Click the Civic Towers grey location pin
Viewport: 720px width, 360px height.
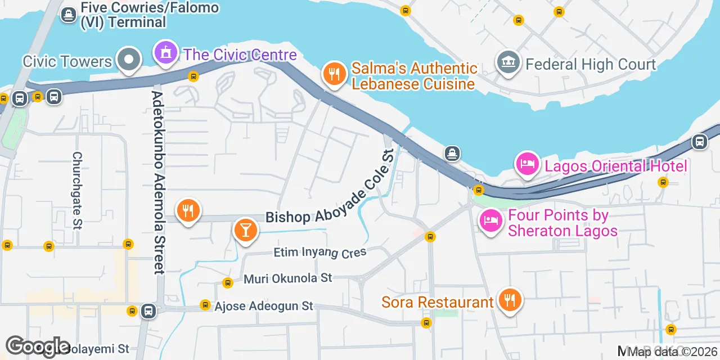pos(129,59)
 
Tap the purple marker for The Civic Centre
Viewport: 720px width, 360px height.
pos(165,54)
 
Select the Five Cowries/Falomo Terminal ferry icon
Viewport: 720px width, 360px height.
pos(69,15)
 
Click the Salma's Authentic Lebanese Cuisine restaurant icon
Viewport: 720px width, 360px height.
pos(335,74)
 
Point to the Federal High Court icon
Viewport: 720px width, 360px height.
pos(508,62)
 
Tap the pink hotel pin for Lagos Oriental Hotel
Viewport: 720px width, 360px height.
pos(528,164)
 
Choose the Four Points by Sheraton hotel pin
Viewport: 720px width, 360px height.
pos(490,220)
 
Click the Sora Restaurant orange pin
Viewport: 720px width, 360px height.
pos(510,300)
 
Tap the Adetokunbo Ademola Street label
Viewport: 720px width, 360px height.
pos(158,183)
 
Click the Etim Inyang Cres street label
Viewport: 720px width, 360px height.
pos(320,253)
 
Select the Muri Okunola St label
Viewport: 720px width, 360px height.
pos(288,278)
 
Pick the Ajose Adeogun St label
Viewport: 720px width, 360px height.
pos(264,307)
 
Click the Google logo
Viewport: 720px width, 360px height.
pos(38,346)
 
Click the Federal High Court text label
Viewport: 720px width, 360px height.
pos(591,64)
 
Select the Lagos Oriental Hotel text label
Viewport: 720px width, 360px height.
pos(614,166)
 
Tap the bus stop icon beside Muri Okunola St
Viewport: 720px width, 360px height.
pos(227,282)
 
